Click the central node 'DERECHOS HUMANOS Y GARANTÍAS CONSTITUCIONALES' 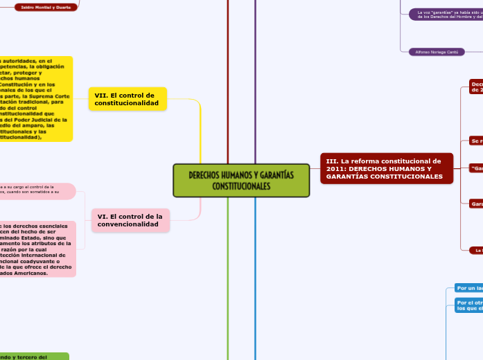[241, 181]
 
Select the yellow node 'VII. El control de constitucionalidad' [128, 99]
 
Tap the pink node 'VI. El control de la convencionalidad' [130, 220]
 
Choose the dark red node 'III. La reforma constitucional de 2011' [387, 169]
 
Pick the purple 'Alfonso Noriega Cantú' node [436, 51]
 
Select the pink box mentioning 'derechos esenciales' [38, 249]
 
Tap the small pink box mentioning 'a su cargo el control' [38, 190]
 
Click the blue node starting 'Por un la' [468, 288]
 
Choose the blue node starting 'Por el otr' [468, 305]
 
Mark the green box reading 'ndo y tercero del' [35, 357]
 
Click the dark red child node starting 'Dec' [476, 86]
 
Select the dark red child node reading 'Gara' [476, 204]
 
